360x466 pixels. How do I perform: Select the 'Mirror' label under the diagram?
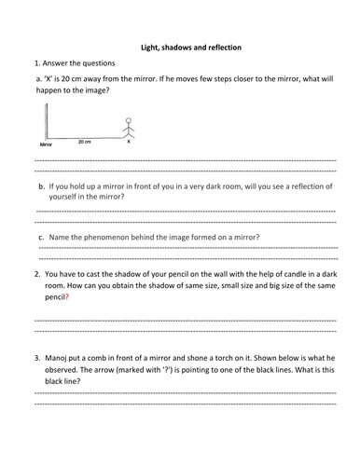click(46, 146)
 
